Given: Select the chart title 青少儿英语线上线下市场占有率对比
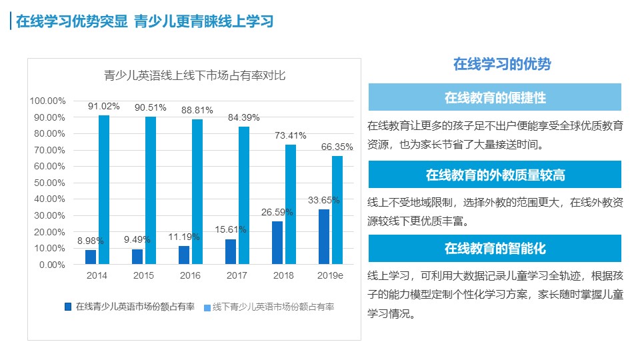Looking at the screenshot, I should pos(195,75).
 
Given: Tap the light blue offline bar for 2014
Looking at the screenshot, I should pos(104,190).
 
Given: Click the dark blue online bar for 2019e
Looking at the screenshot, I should pos(324,237).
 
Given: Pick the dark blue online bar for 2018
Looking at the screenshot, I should pos(277,243).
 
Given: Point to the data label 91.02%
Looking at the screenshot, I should pos(103,107).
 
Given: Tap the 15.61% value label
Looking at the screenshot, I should pos(231,229).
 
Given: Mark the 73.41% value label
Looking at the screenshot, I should pos(290,135).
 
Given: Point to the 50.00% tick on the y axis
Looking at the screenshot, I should pos(48,183).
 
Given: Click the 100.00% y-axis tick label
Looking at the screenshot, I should pos(47,101).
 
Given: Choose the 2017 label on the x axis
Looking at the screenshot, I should pos(237,275).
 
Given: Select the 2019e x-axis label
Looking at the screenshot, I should pos(330,275).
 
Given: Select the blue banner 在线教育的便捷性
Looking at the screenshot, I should pos(495,97).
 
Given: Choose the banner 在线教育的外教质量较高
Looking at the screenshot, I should pos(495,175).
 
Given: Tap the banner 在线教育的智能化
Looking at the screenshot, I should pos(495,249).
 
